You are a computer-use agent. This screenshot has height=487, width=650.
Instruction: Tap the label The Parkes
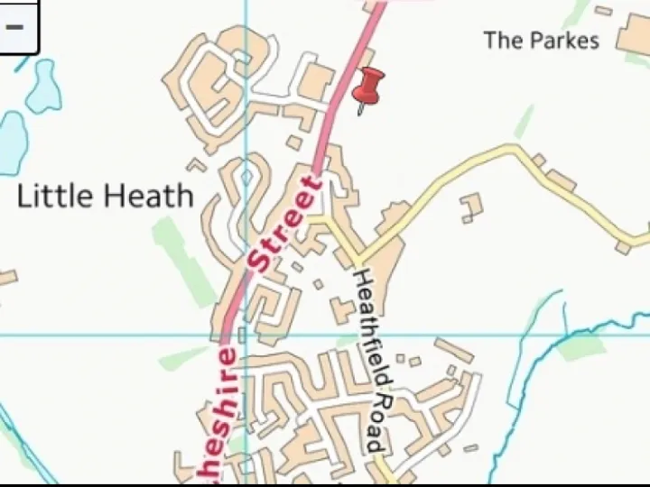click(x=540, y=41)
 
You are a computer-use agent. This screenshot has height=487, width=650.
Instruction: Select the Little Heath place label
click(x=106, y=196)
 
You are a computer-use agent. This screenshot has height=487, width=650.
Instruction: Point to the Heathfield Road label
click(x=369, y=361)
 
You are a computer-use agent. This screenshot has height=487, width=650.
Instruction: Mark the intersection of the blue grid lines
click(x=246, y=335)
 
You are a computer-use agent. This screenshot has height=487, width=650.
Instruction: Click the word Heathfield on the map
click(x=366, y=329)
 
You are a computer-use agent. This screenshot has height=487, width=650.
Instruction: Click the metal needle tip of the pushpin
click(x=359, y=114)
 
